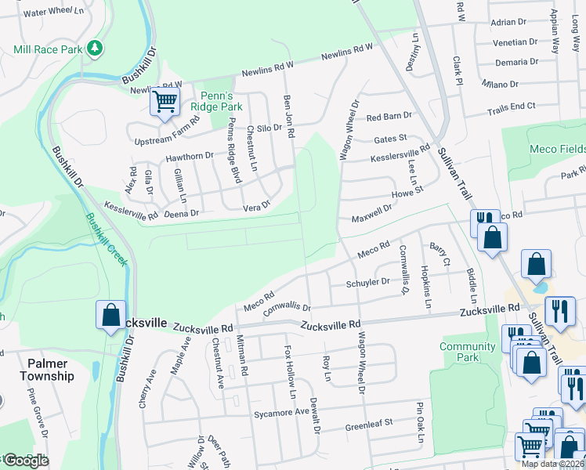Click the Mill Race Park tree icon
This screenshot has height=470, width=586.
tap(95, 49)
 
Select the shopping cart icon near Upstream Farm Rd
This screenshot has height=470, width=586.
tap(165, 102)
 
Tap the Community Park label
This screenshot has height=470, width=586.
tap(468, 352)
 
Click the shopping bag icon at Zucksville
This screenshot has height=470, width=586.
tap(110, 315)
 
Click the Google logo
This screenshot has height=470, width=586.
tap(26, 461)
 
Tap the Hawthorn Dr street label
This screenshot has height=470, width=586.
tap(190, 157)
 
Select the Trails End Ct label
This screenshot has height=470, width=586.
tap(511, 106)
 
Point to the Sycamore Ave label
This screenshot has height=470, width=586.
tap(281, 412)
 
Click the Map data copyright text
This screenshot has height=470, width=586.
tap(553, 464)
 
